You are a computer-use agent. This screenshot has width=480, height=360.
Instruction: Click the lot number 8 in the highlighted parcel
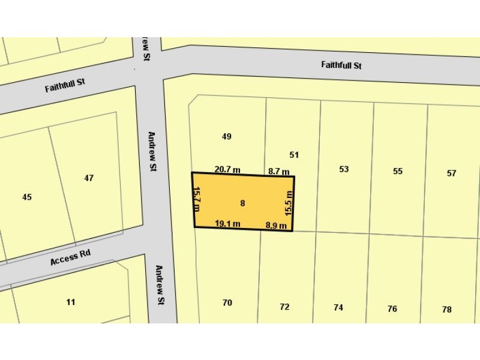coord(242,203)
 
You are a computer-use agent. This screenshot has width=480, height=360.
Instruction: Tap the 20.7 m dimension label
coord(227,170)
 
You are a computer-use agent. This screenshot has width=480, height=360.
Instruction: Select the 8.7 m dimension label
coord(279,171)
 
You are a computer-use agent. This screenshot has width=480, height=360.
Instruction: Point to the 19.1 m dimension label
coord(227,224)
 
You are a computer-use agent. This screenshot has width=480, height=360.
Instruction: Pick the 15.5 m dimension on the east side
coord(289,203)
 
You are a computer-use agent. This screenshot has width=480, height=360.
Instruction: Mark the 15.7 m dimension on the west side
coord(196,199)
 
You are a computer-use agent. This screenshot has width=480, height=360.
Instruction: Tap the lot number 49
coord(226,136)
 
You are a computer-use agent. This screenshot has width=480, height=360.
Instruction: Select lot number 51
coord(294,155)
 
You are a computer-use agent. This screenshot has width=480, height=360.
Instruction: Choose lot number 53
coord(344,169)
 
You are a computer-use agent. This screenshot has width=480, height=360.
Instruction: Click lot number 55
coord(398,171)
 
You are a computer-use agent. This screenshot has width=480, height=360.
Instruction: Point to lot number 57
coord(452,173)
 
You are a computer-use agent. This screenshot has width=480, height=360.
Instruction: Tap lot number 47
coord(89,178)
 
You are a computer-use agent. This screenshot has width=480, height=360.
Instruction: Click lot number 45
coord(27,197)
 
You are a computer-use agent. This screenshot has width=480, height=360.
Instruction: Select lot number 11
coord(71,302)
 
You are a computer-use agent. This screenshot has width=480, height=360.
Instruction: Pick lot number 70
coord(227,303)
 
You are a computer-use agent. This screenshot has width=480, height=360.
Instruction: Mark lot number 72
coord(284,307)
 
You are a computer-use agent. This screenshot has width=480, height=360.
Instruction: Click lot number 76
coord(392,309)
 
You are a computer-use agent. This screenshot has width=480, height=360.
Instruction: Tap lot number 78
coord(446,310)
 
